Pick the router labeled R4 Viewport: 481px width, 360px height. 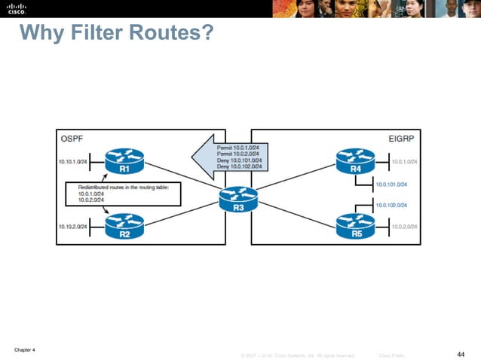pyautogui.click(x=355, y=160)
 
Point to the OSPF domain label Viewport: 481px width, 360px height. pyautogui.click(x=72, y=139)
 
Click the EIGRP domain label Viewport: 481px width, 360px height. pyautogui.click(x=404, y=139)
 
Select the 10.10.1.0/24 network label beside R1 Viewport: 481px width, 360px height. pyautogui.click(x=73, y=161)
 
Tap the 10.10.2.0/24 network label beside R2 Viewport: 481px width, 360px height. pyautogui.click(x=74, y=225)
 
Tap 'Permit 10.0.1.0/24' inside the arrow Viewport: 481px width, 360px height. pyautogui.click(x=239, y=148)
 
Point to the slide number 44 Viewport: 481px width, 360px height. pyautogui.click(x=461, y=353)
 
